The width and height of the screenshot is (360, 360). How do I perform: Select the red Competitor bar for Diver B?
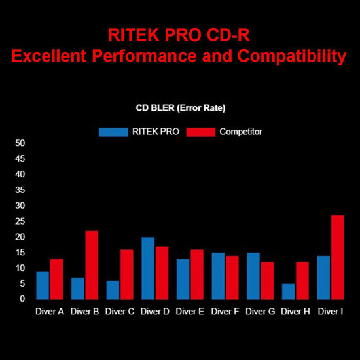[x=92, y=264]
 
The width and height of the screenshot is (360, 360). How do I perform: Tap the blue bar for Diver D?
[x=148, y=268]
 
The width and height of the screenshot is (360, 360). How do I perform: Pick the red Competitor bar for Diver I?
[x=338, y=257]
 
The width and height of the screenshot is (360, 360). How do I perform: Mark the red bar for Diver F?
[x=232, y=277]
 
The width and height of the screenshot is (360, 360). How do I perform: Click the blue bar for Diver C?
[x=113, y=289]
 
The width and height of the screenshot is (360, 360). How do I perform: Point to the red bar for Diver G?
[x=267, y=280]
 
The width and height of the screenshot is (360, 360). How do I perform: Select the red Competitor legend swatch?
[x=201, y=132]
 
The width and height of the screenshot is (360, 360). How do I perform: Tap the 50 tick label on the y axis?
[x=20, y=143]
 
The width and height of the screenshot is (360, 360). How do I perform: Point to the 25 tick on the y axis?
[x=20, y=221]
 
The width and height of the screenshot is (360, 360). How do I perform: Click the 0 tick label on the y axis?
[x=22, y=299]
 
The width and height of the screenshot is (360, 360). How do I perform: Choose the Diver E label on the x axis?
[x=190, y=311]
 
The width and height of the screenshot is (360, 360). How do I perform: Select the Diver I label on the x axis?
[x=331, y=311]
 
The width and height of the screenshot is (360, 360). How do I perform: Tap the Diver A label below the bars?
[x=50, y=311]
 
